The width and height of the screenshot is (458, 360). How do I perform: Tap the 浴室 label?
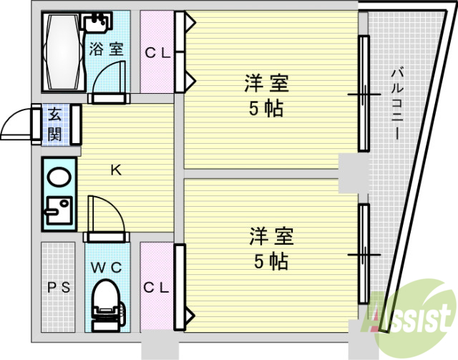pos(107,49)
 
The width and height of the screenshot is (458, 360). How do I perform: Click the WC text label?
pos(106,267)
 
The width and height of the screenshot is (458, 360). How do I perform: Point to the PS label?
pos(58,288)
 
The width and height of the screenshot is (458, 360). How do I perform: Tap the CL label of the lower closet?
pos(157,288)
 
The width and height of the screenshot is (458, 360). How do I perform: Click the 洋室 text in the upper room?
pos(265,84)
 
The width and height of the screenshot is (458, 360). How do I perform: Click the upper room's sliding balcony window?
pos(364,94)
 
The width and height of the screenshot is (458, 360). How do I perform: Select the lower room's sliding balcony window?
pos(364,254)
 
